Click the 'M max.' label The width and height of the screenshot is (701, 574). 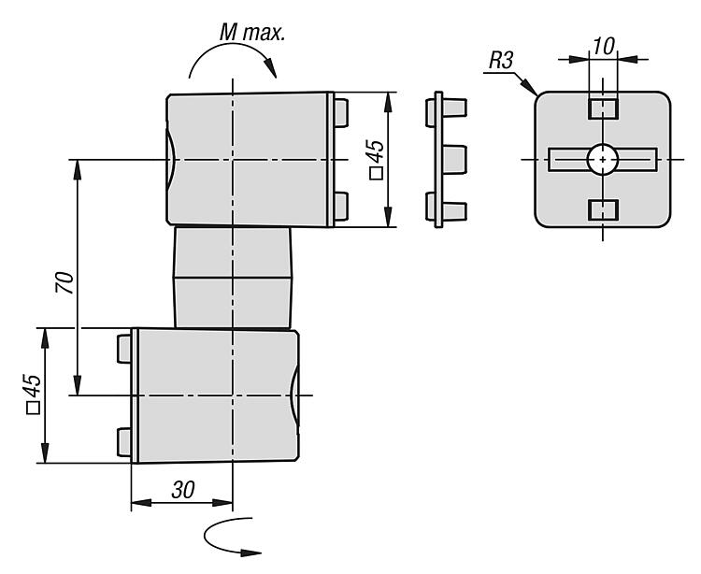(x=252, y=34)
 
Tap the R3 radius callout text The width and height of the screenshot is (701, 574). (x=501, y=64)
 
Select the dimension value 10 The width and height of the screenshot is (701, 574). (x=603, y=45)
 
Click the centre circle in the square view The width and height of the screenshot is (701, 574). (x=603, y=160)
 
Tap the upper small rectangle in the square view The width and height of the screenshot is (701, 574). (x=603, y=108)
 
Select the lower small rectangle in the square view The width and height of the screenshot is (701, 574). (x=603, y=210)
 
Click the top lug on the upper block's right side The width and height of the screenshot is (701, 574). (x=341, y=112)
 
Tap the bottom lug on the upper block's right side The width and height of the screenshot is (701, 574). (x=341, y=206)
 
